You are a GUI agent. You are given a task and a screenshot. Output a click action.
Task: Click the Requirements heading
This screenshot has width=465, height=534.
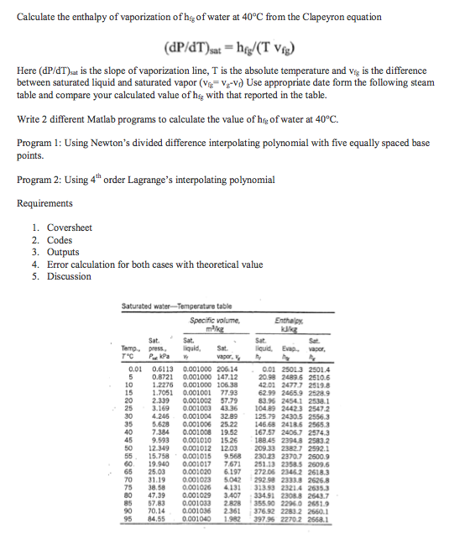pos(50,203)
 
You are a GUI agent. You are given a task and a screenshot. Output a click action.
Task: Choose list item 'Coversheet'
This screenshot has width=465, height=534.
pos(70,228)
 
